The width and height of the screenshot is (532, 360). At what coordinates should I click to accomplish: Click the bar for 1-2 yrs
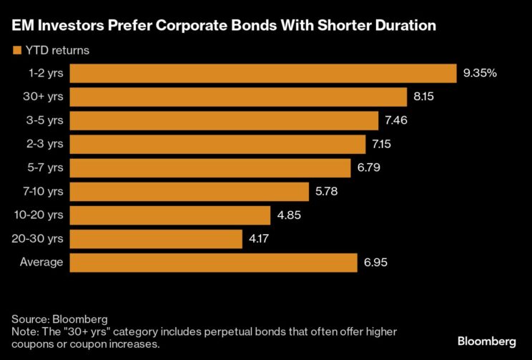(263, 74)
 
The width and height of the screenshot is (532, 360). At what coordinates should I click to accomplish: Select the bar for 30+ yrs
(239, 97)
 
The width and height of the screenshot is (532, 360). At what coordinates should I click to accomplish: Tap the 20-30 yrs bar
(157, 239)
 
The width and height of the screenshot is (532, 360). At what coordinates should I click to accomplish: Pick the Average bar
(214, 263)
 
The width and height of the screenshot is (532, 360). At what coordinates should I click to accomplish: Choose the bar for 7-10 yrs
(190, 192)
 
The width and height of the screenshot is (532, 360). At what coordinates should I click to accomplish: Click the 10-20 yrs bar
(171, 215)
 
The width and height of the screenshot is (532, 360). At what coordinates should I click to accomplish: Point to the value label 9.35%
(481, 74)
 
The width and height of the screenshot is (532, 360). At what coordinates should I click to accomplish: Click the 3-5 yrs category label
(45, 121)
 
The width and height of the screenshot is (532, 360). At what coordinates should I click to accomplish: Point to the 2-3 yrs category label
(45, 145)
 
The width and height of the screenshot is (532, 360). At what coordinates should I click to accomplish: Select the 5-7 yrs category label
(45, 168)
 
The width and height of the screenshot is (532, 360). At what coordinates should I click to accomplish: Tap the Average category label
(41, 263)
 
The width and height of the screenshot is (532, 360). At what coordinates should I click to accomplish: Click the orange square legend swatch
(16, 50)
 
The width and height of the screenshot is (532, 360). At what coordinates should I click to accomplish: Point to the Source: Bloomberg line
(60, 318)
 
